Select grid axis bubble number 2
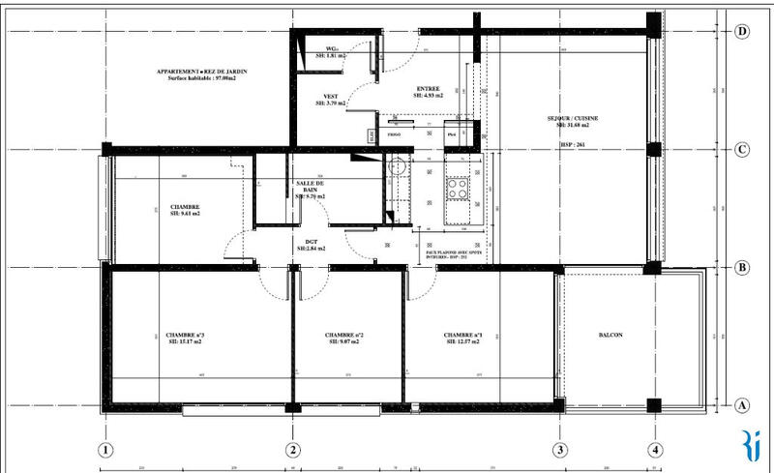pyautogui.click(x=292, y=449)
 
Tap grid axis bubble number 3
pyautogui.click(x=559, y=449)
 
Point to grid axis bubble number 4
pyautogui.click(x=655, y=449)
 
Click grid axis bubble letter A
pyautogui.click(x=742, y=405)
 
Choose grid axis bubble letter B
pyautogui.click(x=742, y=268)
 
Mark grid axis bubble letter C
pyautogui.click(x=742, y=150)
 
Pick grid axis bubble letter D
pyautogui.click(x=742, y=31)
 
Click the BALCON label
pyautogui.click(x=610, y=336)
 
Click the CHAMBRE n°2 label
pyautogui.click(x=344, y=336)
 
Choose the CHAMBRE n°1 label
pyautogui.click(x=463, y=336)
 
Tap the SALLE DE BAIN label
pyautogui.click(x=311, y=188)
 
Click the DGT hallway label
pyautogui.click(x=311, y=243)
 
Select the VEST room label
pyautogui.click(x=330, y=97)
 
